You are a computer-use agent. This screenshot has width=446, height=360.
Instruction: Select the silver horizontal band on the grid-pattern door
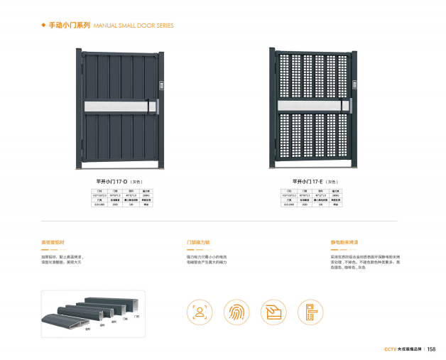(x=312, y=107)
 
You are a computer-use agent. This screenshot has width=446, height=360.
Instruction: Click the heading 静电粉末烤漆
(x=343, y=242)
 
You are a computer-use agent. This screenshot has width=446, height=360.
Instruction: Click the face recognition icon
(x=200, y=311)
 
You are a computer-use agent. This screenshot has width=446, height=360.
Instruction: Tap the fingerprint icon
(x=236, y=311)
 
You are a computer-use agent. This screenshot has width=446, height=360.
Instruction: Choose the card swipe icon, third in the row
(x=273, y=311)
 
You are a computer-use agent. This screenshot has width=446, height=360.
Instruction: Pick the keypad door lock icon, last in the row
(x=310, y=311)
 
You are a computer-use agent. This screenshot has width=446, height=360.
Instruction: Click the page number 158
(x=430, y=349)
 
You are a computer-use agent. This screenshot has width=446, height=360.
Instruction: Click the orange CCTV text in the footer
(x=389, y=349)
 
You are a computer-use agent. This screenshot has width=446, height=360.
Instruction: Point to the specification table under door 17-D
(x=118, y=199)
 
